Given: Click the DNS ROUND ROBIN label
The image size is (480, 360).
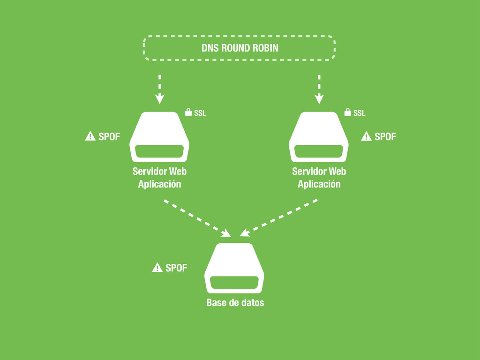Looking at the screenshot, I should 240,48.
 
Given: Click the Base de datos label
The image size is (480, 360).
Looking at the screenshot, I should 235,303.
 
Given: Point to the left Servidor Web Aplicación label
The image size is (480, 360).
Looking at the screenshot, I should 159,178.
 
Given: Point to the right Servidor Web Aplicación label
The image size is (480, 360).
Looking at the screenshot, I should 319,178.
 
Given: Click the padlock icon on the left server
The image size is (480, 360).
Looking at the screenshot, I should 188,112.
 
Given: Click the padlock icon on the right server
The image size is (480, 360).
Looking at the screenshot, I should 347,112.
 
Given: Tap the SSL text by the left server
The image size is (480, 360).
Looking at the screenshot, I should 200,113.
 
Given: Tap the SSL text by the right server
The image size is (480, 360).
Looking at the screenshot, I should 360,113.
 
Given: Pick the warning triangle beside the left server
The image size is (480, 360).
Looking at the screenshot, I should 90,136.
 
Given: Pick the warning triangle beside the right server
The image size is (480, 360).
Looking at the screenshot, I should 366,136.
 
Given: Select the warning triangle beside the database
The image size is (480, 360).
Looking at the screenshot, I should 157,268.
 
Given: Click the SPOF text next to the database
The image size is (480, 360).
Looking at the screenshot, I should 176,268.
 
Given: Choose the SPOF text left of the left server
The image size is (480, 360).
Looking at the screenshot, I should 109,136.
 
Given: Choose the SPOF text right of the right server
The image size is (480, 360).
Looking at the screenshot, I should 385,136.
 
